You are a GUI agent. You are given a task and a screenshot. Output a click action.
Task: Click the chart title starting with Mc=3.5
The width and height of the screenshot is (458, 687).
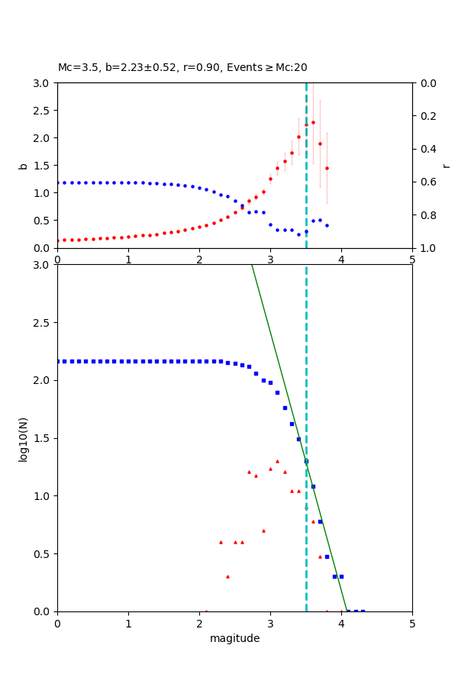(182, 67)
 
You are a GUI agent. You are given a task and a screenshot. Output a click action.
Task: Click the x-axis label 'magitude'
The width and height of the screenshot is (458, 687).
(234, 638)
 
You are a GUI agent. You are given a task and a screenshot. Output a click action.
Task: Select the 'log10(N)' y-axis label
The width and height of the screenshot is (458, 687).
(23, 438)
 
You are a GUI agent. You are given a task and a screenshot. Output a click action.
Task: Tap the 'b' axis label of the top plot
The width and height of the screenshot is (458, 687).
(23, 166)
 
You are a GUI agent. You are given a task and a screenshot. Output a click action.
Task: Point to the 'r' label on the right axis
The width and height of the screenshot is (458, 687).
(446, 166)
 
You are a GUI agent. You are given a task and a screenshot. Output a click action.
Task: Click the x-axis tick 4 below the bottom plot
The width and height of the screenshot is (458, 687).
(341, 623)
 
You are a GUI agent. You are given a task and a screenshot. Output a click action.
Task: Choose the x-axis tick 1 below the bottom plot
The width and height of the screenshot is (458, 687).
(128, 623)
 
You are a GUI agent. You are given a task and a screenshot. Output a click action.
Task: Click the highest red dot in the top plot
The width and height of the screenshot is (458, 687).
(313, 122)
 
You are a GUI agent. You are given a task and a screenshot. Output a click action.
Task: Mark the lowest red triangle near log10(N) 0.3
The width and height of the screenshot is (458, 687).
(227, 576)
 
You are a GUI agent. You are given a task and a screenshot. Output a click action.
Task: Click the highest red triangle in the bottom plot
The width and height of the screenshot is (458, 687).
(277, 461)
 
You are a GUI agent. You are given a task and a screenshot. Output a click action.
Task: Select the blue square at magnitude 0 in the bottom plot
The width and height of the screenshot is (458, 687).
(58, 361)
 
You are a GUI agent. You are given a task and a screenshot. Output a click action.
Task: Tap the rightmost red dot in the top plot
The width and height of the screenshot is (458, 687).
(327, 168)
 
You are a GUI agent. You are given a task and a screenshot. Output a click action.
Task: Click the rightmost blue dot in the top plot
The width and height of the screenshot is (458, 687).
(327, 225)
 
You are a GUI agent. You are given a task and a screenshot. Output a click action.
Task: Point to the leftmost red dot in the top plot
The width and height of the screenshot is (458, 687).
(58, 240)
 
